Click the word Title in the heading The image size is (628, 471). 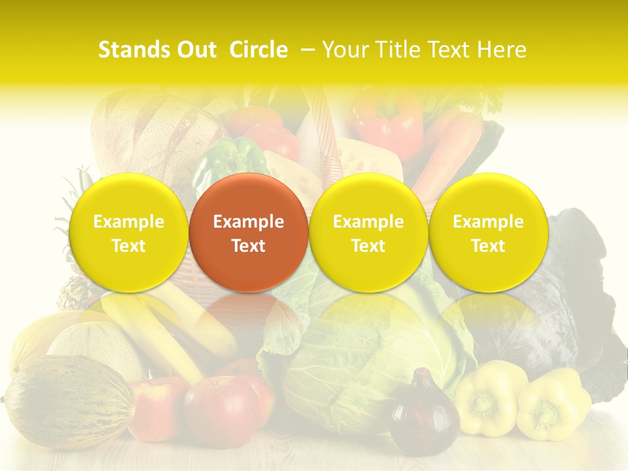tap(400, 50)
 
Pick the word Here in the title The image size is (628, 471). tap(503, 50)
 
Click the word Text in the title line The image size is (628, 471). tap(452, 50)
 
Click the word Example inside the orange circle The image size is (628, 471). tap(249, 222)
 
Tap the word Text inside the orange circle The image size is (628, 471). tap(249, 246)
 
